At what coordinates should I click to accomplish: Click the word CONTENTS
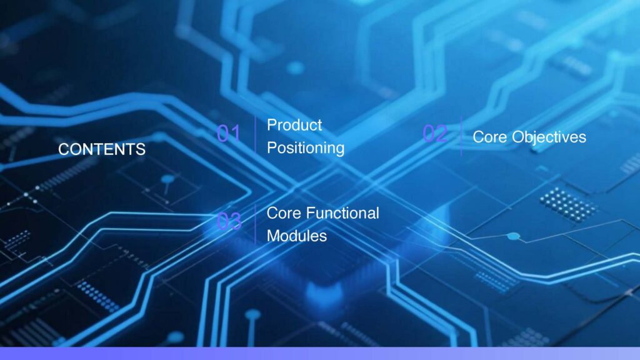point(102,149)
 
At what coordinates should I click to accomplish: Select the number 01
point(229,134)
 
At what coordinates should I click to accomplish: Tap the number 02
point(435,134)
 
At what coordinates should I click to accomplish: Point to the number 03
point(229,221)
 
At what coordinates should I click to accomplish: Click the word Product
point(294,125)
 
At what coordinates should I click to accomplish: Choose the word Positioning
point(306,148)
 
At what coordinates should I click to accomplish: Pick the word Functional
point(342,213)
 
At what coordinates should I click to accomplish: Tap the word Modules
point(297,236)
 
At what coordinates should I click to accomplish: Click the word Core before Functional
point(284,213)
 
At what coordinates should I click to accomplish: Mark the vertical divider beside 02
point(461,136)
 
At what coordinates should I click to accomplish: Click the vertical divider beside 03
point(255,224)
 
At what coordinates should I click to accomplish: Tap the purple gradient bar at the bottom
point(320,354)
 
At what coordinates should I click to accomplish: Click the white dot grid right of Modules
point(567,205)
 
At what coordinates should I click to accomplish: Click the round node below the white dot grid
point(513,236)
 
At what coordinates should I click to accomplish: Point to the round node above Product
point(295,67)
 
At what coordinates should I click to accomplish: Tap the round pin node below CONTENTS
point(167,179)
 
